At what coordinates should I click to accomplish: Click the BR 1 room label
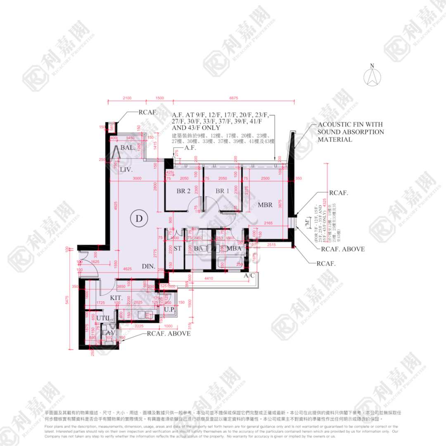click(222, 191)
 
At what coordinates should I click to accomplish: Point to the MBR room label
click(265, 205)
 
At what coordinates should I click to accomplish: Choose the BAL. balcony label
click(128, 148)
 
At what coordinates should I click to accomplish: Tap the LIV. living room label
click(126, 170)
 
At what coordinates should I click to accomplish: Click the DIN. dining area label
click(149, 267)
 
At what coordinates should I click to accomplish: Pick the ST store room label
click(178, 249)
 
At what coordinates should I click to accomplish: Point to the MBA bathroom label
click(234, 249)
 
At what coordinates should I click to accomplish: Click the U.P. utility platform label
click(169, 309)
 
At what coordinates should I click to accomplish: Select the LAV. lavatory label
click(109, 332)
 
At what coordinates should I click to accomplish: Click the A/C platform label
click(249, 275)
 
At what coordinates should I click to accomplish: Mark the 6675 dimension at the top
click(234, 98)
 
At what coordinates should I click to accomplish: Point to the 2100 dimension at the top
click(127, 98)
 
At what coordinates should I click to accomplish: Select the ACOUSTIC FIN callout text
click(351, 132)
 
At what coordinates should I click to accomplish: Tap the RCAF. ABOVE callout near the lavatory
click(169, 333)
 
